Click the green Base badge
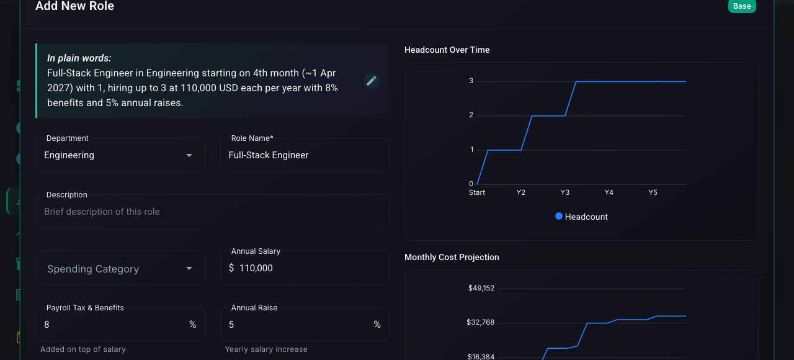742,6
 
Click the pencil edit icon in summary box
372,81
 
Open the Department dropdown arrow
189,155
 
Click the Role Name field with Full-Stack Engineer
305,155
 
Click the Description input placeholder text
102,212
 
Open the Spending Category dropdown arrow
189,269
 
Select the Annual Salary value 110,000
256,268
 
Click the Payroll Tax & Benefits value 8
47,325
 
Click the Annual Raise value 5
231,325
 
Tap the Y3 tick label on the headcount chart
564,192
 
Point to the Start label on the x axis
477,192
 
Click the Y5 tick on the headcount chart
653,192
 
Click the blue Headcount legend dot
559,216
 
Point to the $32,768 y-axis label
480,322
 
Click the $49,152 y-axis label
481,288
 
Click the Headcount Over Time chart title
447,50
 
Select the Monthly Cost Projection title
452,257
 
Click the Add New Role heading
75,6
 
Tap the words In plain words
79,58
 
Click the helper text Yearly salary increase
266,349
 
